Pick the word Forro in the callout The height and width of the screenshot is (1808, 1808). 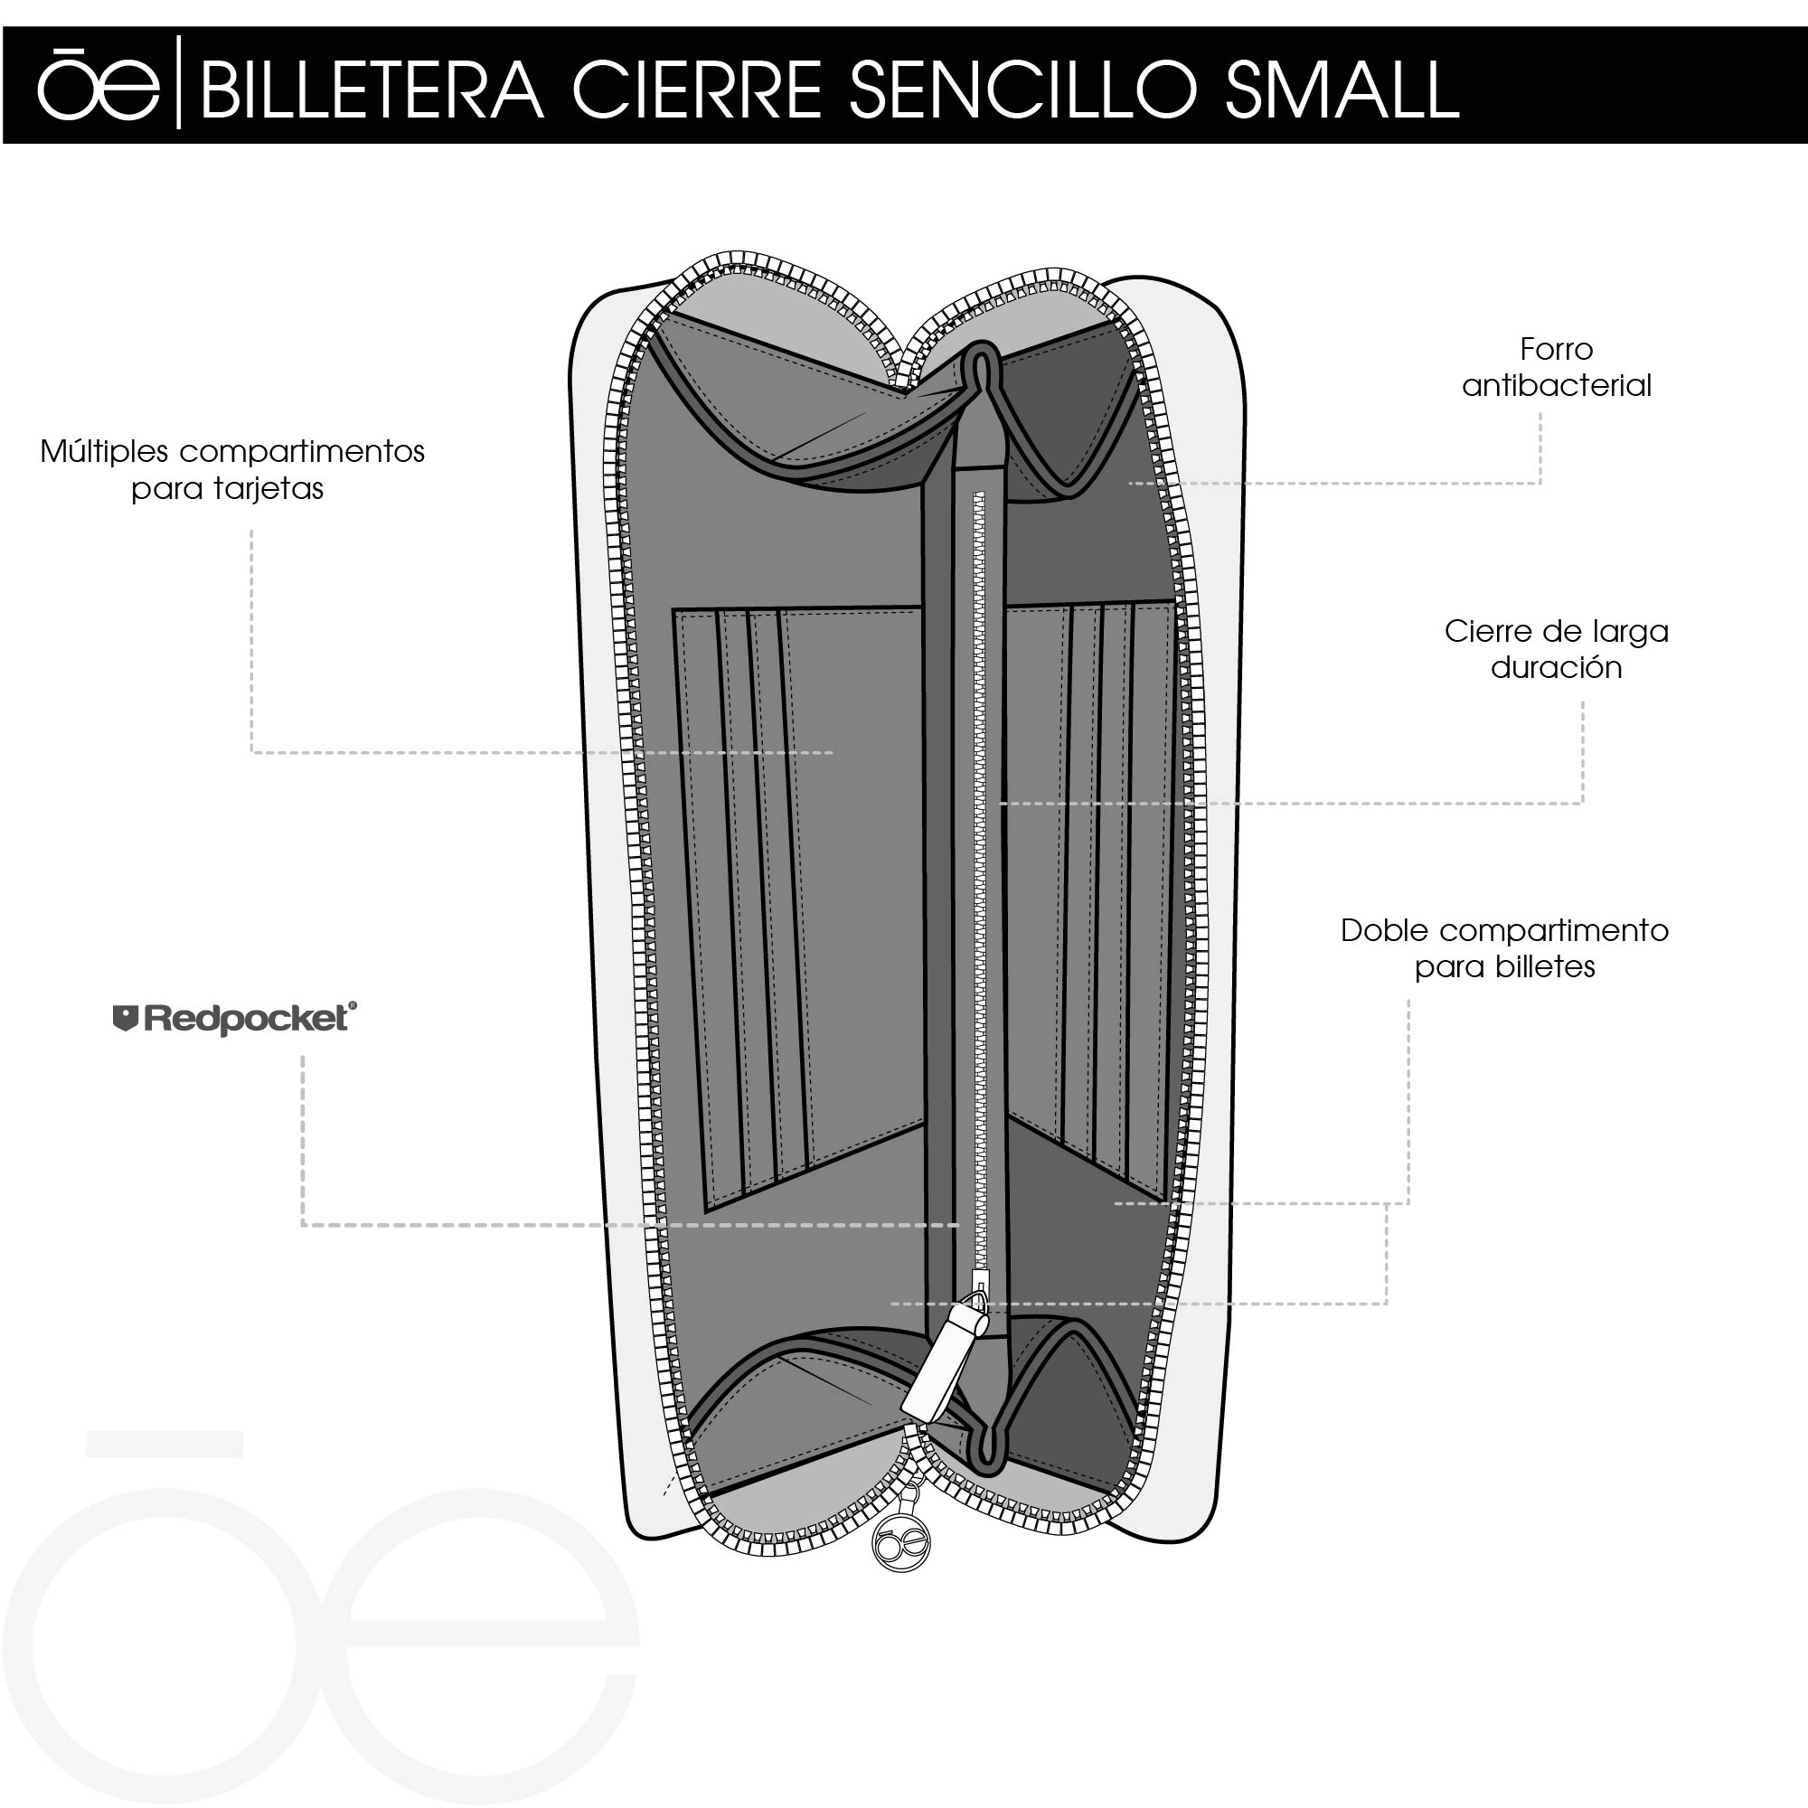(1555, 349)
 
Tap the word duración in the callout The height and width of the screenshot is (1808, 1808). (1555, 668)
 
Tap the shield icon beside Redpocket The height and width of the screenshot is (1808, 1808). (126, 1018)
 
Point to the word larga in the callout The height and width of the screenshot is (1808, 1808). (1631, 632)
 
